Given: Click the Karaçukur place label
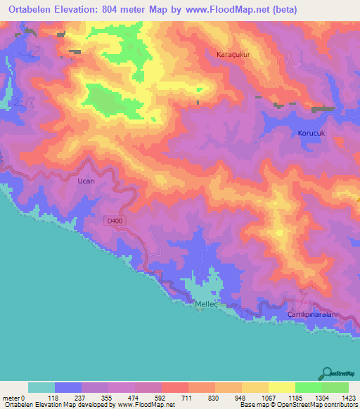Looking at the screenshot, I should click(233, 53).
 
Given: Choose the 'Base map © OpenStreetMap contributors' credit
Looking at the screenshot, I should click(296, 405).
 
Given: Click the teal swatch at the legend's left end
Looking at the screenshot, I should click(41, 387).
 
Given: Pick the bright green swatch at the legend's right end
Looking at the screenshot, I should click(335, 387).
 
